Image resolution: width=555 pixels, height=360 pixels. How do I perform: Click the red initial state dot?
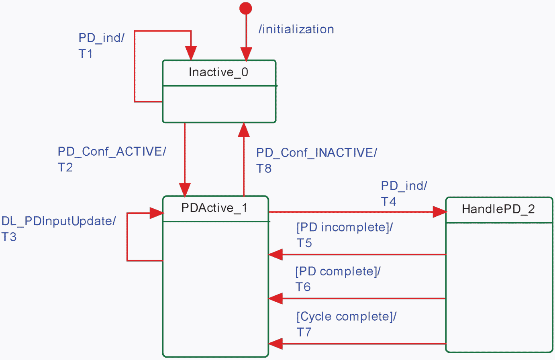(x=245, y=9)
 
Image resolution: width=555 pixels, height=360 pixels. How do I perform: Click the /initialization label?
(x=296, y=29)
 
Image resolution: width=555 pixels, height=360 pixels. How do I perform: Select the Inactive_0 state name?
(x=218, y=72)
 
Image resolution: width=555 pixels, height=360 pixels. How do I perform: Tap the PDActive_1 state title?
(x=214, y=208)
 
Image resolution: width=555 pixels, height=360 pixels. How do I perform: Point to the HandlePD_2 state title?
(x=498, y=209)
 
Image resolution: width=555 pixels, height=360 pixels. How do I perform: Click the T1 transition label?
(x=86, y=53)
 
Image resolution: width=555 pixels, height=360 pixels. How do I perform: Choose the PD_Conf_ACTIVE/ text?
(x=112, y=152)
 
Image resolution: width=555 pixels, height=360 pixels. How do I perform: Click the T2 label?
(x=65, y=167)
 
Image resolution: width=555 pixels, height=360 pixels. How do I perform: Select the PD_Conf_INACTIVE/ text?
(x=316, y=153)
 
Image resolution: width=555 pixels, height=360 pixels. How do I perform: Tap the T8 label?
(x=264, y=169)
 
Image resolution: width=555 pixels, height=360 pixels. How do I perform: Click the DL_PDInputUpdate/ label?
(x=59, y=221)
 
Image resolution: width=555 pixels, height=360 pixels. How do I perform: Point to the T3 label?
(x=9, y=237)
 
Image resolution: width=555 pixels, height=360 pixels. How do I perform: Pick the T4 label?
(x=388, y=201)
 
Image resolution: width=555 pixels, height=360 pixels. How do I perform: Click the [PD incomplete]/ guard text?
(x=345, y=227)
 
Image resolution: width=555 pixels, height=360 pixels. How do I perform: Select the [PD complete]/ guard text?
(x=338, y=271)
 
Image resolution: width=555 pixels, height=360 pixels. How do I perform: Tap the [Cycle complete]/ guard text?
(x=347, y=316)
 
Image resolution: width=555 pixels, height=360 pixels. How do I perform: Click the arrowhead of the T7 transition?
(x=275, y=344)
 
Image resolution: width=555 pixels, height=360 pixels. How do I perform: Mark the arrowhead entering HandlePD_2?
(x=440, y=212)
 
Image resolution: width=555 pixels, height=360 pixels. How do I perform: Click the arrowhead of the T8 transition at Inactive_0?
(x=244, y=130)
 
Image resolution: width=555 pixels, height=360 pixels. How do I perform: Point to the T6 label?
(x=303, y=287)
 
